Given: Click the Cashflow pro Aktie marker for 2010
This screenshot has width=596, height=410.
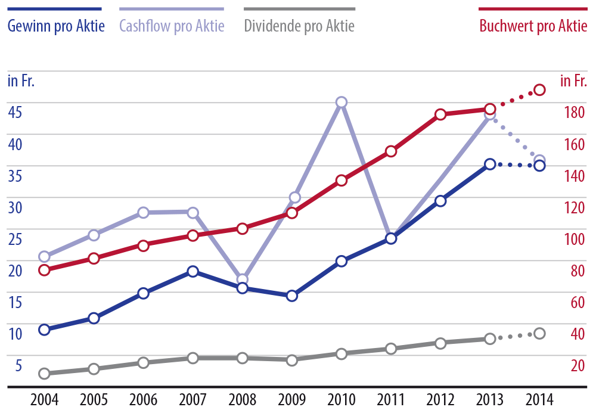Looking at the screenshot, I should point(342,102).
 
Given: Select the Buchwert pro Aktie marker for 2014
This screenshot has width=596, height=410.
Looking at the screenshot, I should point(539,89).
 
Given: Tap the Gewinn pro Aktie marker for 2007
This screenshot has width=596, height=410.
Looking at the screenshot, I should point(193,271).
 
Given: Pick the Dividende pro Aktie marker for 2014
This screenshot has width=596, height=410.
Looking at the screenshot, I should point(539,333).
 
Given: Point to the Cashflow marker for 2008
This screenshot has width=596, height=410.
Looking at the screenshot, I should point(242,279).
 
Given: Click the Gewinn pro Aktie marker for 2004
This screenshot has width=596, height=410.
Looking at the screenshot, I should point(44,330).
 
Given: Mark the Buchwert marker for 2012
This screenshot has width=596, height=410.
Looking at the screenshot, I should point(440,114).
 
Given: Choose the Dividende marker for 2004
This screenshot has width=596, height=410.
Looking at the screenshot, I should point(44,374).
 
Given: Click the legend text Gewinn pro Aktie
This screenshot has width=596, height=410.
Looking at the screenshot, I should point(56,27).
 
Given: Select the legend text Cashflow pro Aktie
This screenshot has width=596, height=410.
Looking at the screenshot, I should point(172,27).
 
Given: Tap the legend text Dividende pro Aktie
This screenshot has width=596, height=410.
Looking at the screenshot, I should point(299,27).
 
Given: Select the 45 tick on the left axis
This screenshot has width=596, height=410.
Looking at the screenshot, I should point(15,111).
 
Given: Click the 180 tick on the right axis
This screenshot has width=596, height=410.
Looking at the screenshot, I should point(570,111).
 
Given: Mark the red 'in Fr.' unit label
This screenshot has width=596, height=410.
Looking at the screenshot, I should point(573,81).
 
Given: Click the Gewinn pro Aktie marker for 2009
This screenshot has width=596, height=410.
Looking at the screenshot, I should point(292,296).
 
